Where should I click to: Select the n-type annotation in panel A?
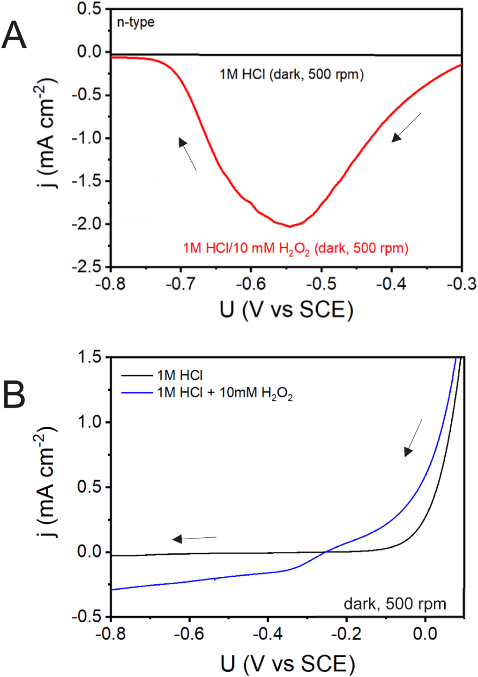click(135, 22)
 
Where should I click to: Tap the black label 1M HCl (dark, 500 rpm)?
click(291, 74)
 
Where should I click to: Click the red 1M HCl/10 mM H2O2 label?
click(295, 248)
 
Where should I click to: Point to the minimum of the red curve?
click(290, 226)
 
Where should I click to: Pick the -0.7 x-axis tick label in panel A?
click(180, 284)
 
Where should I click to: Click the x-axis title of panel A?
click(286, 310)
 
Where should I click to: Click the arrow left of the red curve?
click(187, 154)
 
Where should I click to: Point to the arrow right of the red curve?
click(406, 127)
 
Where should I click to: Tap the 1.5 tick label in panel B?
click(89, 357)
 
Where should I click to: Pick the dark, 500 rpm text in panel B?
click(395, 604)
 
